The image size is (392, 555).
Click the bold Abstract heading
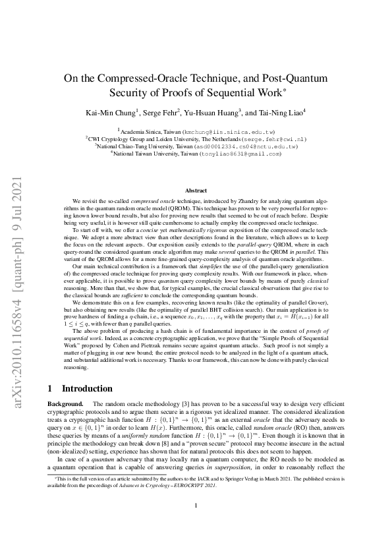(196, 190)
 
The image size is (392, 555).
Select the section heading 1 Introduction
(80, 389)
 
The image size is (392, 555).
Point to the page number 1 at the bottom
(196, 525)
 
